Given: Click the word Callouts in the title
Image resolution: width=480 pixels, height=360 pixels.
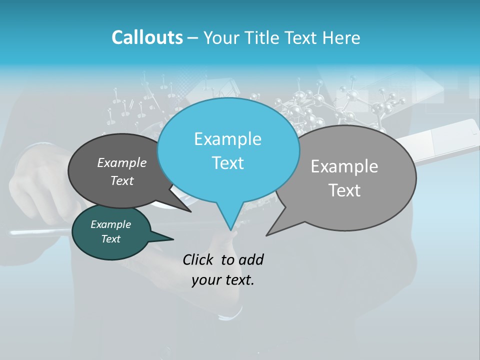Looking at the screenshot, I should (x=147, y=38).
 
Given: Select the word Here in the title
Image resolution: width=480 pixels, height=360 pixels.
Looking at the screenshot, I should (x=342, y=38).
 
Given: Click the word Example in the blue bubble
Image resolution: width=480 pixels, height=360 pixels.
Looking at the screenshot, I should (x=228, y=139).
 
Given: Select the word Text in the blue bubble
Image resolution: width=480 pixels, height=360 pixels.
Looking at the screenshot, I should (x=228, y=163).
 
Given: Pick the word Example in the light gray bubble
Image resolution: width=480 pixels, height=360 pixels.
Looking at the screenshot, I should (x=344, y=166).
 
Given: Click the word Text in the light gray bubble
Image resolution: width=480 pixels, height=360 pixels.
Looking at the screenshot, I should (x=344, y=190).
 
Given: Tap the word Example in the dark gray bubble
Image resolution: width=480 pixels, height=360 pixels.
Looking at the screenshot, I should (x=122, y=162).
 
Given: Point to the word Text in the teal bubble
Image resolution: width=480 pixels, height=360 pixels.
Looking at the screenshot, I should (x=111, y=239).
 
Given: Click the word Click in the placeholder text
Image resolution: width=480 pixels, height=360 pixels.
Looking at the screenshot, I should (x=199, y=259).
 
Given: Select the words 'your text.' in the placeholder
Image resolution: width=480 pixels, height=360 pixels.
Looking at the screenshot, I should (x=223, y=280).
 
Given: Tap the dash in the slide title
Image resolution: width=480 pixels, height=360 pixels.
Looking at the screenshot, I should (x=193, y=38).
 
